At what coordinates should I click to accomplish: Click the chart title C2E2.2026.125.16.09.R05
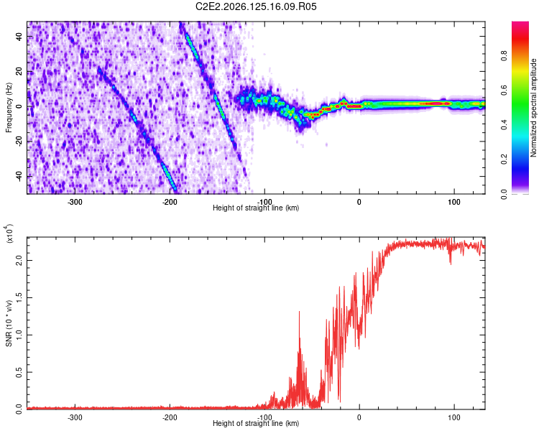point(256,6)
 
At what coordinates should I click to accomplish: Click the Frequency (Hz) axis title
point(9,108)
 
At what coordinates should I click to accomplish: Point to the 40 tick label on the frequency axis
point(19,37)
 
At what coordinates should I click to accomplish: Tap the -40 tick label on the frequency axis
point(19,176)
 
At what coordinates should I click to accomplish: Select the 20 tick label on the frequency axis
point(19,72)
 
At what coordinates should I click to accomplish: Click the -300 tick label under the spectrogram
point(75,202)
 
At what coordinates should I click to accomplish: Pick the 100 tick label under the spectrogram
point(454,202)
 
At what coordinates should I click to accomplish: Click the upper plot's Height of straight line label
point(256,208)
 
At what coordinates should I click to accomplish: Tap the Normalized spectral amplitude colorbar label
point(533,108)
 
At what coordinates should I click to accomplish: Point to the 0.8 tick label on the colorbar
point(504,55)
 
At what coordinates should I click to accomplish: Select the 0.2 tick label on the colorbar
point(504,159)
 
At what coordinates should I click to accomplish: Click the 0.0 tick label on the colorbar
point(504,194)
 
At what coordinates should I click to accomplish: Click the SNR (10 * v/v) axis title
point(9,323)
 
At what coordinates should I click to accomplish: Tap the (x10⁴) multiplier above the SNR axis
point(9,233)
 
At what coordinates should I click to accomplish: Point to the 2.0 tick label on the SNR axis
point(19,260)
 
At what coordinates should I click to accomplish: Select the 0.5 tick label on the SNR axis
point(19,372)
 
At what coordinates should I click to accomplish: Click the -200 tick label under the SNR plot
point(170,417)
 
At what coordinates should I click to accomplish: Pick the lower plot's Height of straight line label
point(256,423)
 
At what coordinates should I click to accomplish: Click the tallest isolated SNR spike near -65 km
point(299,312)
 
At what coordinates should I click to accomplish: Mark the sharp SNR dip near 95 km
point(451,264)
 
